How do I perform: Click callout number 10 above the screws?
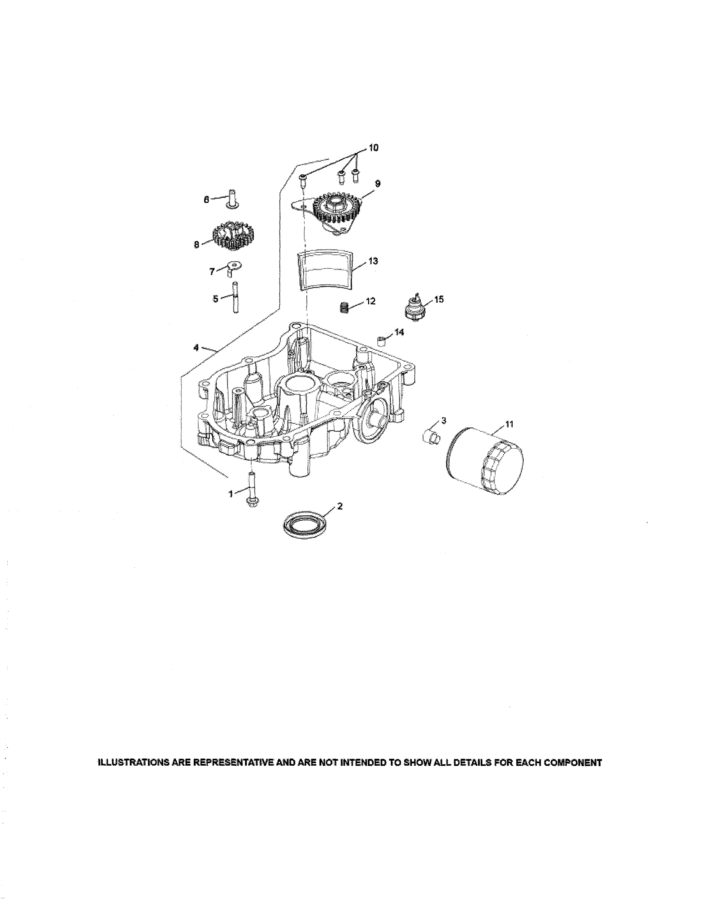[x=373, y=148]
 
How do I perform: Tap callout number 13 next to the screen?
[x=373, y=261]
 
